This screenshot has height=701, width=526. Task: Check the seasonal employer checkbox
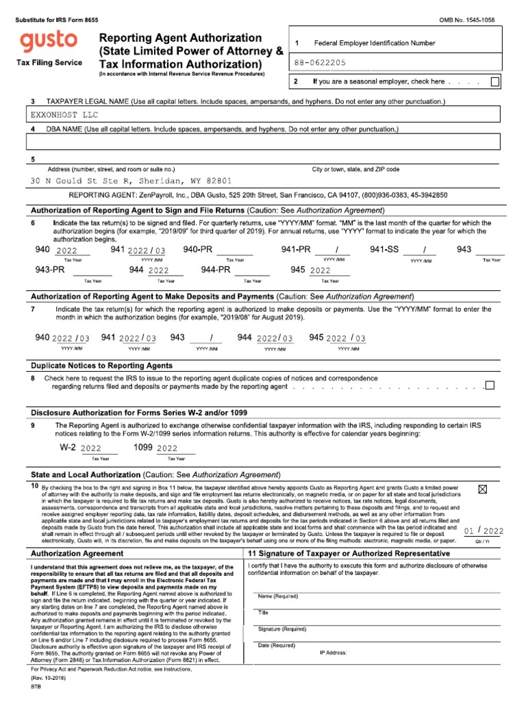[495, 82]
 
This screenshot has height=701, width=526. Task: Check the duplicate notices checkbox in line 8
[489, 385]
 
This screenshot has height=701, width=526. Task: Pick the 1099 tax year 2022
[166, 448]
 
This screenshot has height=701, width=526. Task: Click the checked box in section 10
[481, 489]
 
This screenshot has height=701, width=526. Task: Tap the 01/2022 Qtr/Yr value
[483, 531]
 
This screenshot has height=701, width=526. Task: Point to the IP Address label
[334, 652]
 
